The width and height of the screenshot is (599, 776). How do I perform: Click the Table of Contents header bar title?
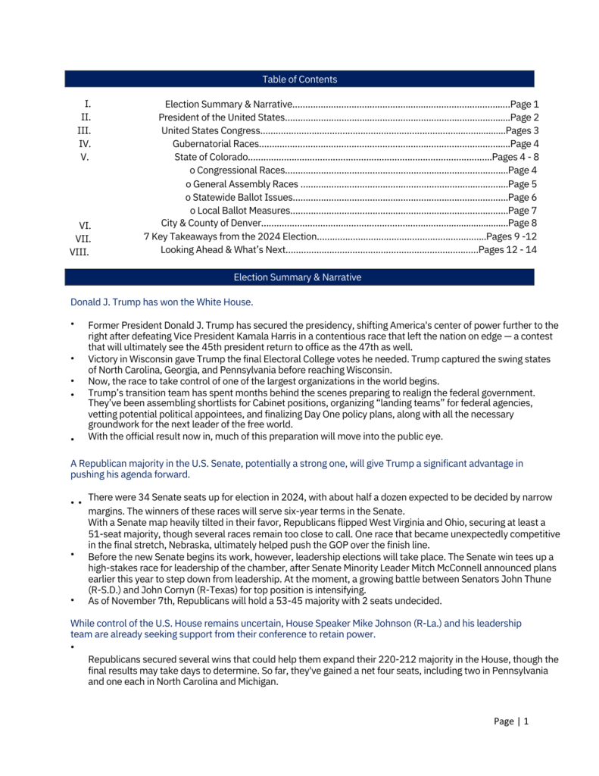(x=299, y=80)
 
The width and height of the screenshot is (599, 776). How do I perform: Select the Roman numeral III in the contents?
(x=86, y=130)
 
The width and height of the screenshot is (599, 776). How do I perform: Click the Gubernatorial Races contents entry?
(x=216, y=143)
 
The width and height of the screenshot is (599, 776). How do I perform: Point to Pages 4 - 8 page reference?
(x=515, y=157)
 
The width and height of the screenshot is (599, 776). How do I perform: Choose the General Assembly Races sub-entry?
(x=242, y=183)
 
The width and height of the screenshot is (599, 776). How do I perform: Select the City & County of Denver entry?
(x=211, y=223)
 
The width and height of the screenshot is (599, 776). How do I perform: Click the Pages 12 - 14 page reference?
(x=507, y=249)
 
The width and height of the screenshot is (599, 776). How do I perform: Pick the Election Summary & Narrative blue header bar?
(x=299, y=277)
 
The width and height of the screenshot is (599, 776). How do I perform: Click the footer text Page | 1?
(x=511, y=721)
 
